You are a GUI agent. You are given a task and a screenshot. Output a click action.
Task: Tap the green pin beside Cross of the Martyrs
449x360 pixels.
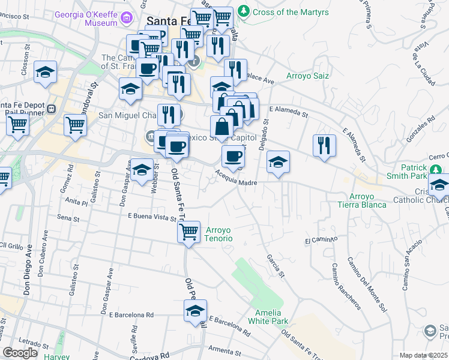pyautogui.click(x=244, y=11)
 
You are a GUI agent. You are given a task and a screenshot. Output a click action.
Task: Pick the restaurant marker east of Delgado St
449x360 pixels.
pyautogui.click(x=324, y=146)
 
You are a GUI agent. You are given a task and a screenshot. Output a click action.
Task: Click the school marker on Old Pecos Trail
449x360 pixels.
pyautogui.click(x=195, y=311)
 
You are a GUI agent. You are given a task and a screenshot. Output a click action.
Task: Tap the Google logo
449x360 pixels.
pyautogui.click(x=20, y=353)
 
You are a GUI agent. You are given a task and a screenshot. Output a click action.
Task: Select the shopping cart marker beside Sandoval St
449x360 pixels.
pyautogui.click(x=76, y=125)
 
